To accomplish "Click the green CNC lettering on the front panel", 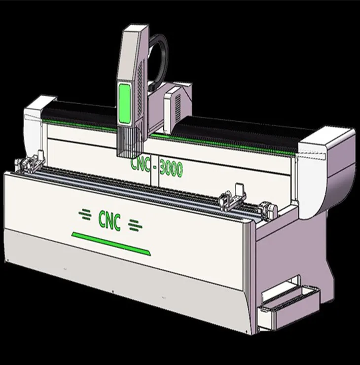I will [x=109, y=220].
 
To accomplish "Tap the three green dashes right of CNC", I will [x=135, y=225].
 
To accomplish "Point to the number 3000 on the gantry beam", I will [x=171, y=170].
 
